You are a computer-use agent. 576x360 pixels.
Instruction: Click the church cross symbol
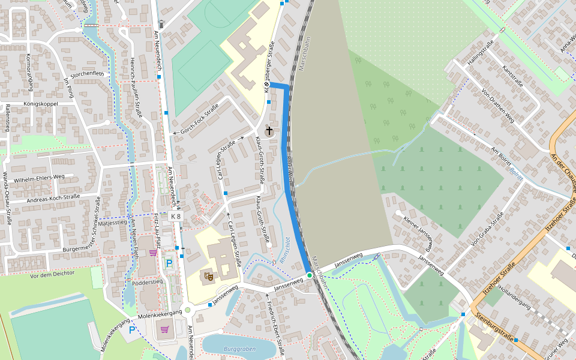[x=269, y=130]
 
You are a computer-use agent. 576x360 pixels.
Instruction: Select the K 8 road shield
[x=176, y=216]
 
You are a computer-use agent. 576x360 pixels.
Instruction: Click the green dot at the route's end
[x=310, y=275]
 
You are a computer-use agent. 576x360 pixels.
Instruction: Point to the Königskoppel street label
[x=40, y=103]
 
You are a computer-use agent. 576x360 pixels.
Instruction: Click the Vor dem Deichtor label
[x=52, y=274]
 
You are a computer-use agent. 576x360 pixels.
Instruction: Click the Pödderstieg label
[x=148, y=281]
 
